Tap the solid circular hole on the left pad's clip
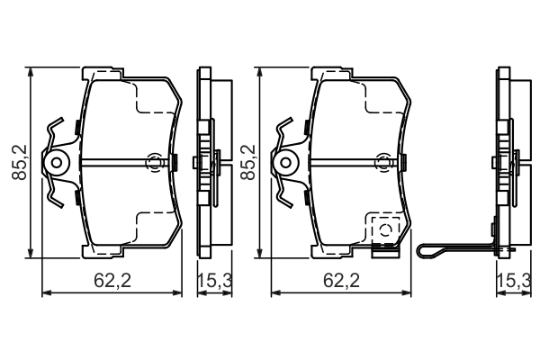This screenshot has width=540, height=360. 58,163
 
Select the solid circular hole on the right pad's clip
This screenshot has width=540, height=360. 287,163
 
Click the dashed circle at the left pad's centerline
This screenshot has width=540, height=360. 155,163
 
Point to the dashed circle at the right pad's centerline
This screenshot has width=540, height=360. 387,163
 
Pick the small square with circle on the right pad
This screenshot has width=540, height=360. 386,229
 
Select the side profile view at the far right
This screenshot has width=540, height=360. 506,162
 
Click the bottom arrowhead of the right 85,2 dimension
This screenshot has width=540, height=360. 259,255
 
